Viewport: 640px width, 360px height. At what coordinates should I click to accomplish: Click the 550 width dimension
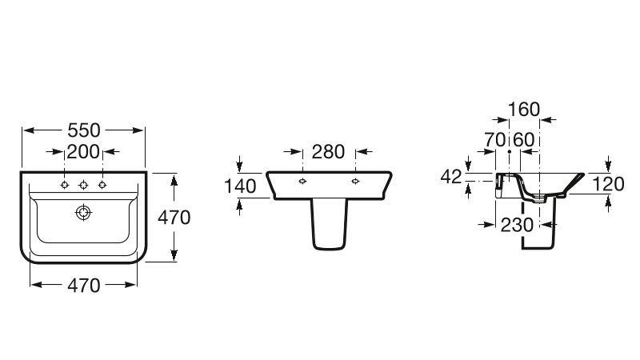[84, 130]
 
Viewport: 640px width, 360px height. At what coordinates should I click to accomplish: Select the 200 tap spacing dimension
[83, 152]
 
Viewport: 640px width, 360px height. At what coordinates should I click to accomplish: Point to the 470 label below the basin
[84, 286]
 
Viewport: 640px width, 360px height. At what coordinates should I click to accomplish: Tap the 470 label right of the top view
[174, 218]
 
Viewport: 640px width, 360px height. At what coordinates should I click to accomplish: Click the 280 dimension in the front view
[329, 152]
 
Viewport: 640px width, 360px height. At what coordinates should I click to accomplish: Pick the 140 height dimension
[241, 186]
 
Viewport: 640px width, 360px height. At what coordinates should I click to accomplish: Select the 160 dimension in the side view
[524, 110]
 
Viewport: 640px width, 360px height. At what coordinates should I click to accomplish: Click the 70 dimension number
[495, 140]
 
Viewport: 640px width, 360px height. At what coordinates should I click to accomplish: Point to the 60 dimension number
[524, 140]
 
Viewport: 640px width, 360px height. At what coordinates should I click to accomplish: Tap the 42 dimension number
[451, 177]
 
